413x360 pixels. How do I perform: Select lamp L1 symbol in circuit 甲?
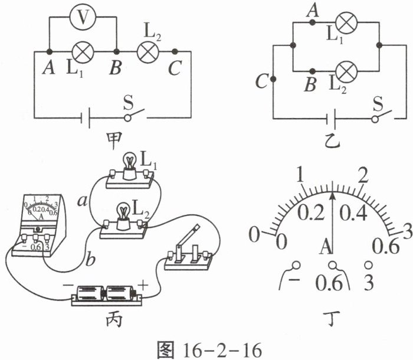pos(82,51)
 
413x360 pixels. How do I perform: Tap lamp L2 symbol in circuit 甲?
pos(146,51)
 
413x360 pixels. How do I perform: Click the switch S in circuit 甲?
pos(132,113)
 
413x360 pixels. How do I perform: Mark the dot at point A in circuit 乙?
pos(312,23)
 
